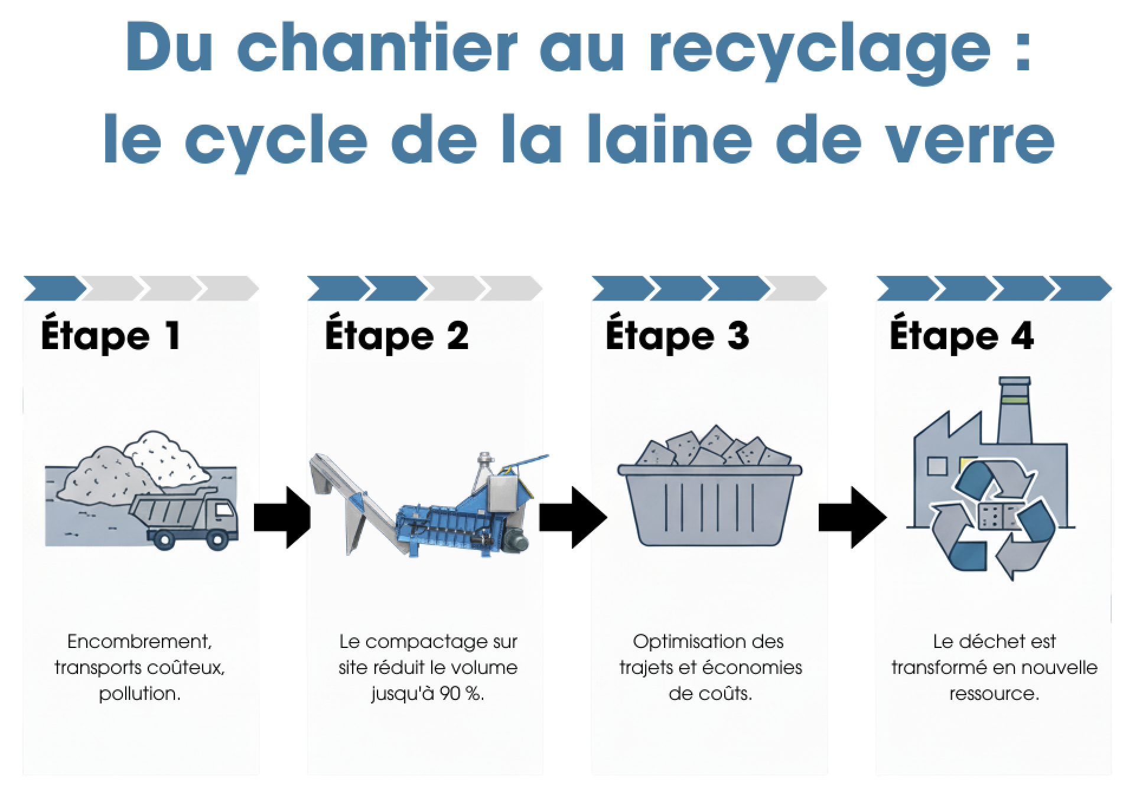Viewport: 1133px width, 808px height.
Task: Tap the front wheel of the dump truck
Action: click(218, 539)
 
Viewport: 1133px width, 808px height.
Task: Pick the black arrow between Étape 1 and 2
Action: click(282, 517)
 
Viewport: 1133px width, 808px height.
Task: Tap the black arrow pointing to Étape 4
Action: click(851, 517)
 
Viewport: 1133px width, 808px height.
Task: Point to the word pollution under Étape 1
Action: click(139, 693)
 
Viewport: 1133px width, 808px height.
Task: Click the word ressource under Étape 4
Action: click(994, 693)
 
